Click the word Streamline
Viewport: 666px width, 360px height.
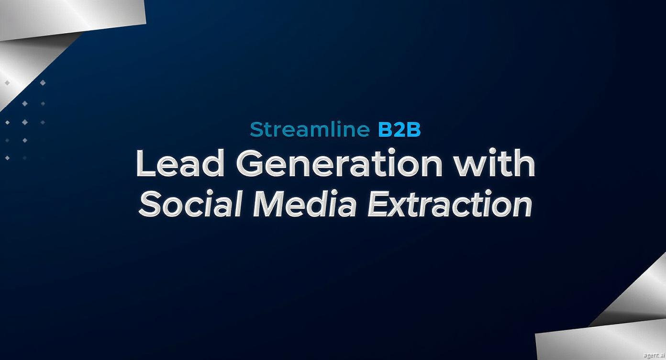(310, 129)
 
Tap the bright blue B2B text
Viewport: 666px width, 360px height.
(400, 129)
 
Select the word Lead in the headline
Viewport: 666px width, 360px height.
(180, 163)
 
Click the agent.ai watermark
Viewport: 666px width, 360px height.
(654, 355)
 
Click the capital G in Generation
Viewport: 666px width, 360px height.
(250, 163)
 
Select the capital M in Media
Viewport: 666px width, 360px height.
(273, 203)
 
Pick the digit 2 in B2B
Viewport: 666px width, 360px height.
(400, 129)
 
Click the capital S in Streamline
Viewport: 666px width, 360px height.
(256, 129)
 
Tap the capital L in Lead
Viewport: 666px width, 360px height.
(146, 163)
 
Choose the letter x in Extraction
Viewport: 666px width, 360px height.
(405, 207)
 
